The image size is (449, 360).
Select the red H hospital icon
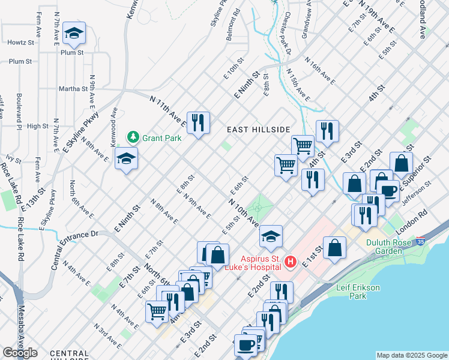coord(291,262)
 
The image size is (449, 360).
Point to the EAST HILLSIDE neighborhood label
coord(258,130)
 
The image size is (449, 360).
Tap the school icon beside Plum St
coord(74,34)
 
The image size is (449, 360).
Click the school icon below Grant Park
coord(127,159)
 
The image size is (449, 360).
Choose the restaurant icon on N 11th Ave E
coord(197,122)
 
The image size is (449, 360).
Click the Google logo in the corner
coord(20,353)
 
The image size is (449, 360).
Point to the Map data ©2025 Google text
coord(411,355)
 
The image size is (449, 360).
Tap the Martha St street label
coord(73,89)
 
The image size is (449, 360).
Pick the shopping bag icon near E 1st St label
coord(334,247)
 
